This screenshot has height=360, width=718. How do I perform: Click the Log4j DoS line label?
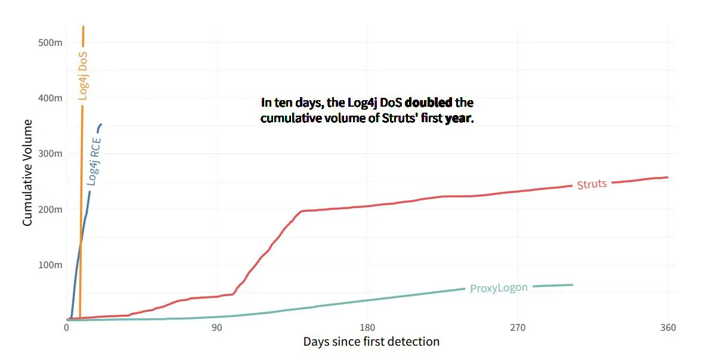(83, 75)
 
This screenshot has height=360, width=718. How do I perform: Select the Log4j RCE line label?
(94, 161)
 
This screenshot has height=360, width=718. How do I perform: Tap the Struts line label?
(592, 184)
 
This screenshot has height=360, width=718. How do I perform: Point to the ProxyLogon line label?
(499, 288)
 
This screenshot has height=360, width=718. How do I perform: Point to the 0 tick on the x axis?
(66, 328)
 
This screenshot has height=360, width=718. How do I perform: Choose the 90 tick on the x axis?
(216, 328)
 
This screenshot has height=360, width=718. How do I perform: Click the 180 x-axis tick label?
(368, 328)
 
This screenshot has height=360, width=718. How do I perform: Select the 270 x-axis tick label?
(518, 328)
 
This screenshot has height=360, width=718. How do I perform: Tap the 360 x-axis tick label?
(669, 328)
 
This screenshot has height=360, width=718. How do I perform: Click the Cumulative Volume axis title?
(27, 172)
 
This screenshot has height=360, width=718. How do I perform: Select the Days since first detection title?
(371, 342)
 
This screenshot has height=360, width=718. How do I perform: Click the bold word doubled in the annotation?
(428, 103)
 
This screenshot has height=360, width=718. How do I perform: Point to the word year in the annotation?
(459, 118)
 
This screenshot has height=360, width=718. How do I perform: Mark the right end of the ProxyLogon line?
(572, 285)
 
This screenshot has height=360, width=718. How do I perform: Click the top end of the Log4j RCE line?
(101, 124)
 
